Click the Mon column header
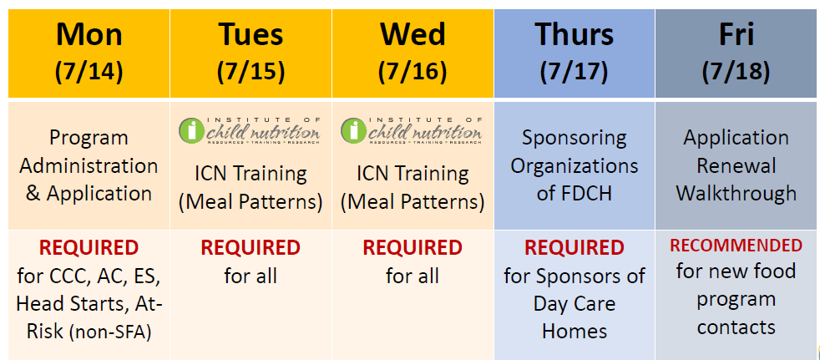pyautogui.click(x=89, y=34)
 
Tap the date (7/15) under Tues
pyautogui.click(x=251, y=71)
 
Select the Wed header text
pyautogui.click(x=413, y=34)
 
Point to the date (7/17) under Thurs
pyautogui.click(x=575, y=71)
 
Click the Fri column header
pyautogui.click(x=736, y=34)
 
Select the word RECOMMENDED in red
pyautogui.click(x=736, y=246)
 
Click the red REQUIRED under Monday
pyautogui.click(x=89, y=248)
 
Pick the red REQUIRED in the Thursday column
pyautogui.click(x=575, y=248)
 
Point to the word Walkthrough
pyautogui.click(x=736, y=194)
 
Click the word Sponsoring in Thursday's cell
pyautogui.click(x=575, y=138)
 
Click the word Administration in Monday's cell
pyautogui.click(x=89, y=166)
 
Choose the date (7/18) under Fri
pyautogui.click(x=736, y=71)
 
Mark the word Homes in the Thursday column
pyautogui.click(x=575, y=331)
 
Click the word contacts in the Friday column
pyautogui.click(x=736, y=327)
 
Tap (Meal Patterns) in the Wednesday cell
pyautogui.click(x=413, y=202)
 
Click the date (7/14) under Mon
pyautogui.click(x=89, y=71)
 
